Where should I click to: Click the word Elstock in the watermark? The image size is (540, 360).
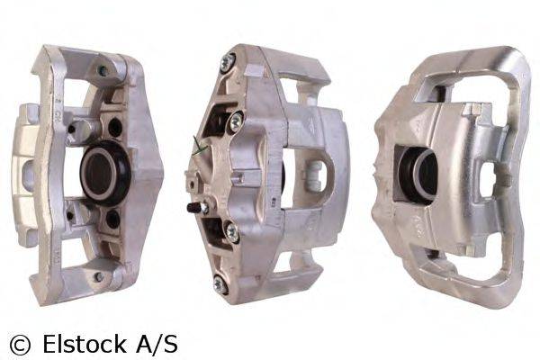[86, 343]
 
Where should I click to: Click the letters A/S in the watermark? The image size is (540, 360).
[158, 343]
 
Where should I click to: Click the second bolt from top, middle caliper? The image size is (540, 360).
[236, 119]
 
